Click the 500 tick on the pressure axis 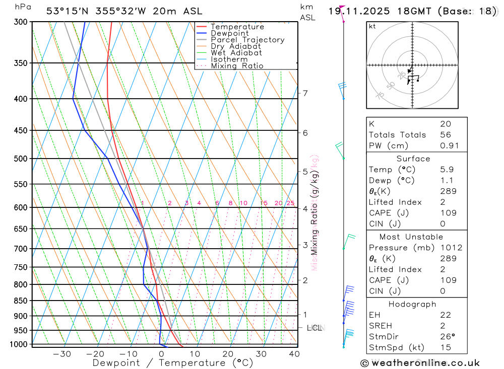21,159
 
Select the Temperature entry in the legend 237,27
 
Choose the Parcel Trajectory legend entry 247,40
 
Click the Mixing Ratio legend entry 237,66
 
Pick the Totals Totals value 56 446,135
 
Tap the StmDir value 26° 446,337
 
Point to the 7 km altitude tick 305,93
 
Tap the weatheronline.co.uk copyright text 420,363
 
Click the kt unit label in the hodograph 372,27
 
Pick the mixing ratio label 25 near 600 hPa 290,203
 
